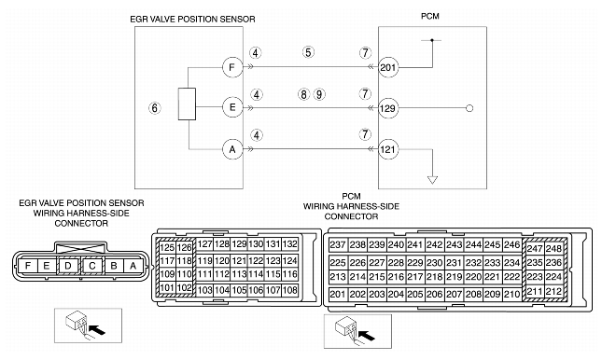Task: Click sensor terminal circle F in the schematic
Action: coord(232,67)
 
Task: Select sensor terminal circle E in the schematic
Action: coord(232,107)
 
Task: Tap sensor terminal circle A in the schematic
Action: coord(232,149)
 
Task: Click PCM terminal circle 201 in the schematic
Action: coord(388,67)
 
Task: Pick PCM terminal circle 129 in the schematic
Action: coord(388,108)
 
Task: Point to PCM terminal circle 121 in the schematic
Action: coord(388,149)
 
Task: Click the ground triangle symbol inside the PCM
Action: coord(433,180)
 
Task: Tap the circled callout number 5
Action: coord(308,52)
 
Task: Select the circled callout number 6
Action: coord(155,108)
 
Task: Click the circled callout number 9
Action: coord(319,94)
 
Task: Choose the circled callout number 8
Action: coord(303,94)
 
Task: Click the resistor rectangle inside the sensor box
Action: coord(187,104)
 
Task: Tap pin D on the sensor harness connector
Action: coord(68,266)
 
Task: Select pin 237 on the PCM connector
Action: coord(338,245)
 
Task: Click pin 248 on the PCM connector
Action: coord(554,248)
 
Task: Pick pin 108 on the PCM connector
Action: coord(290,290)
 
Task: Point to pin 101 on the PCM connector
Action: coord(167,288)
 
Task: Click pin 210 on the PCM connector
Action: coord(511,295)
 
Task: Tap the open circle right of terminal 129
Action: coord(469,108)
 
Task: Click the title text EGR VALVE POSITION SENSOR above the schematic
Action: coord(192,20)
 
